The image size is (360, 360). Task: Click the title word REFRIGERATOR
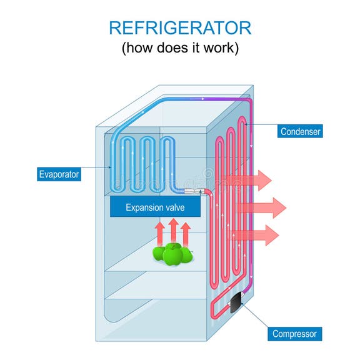180,27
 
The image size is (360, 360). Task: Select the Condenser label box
300,131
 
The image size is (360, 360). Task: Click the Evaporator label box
59,174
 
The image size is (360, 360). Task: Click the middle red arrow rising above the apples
173,231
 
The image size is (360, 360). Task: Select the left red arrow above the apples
160,232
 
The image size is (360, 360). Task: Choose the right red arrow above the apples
186,232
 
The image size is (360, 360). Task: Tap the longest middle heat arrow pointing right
262,207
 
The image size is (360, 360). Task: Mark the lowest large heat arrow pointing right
256,234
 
